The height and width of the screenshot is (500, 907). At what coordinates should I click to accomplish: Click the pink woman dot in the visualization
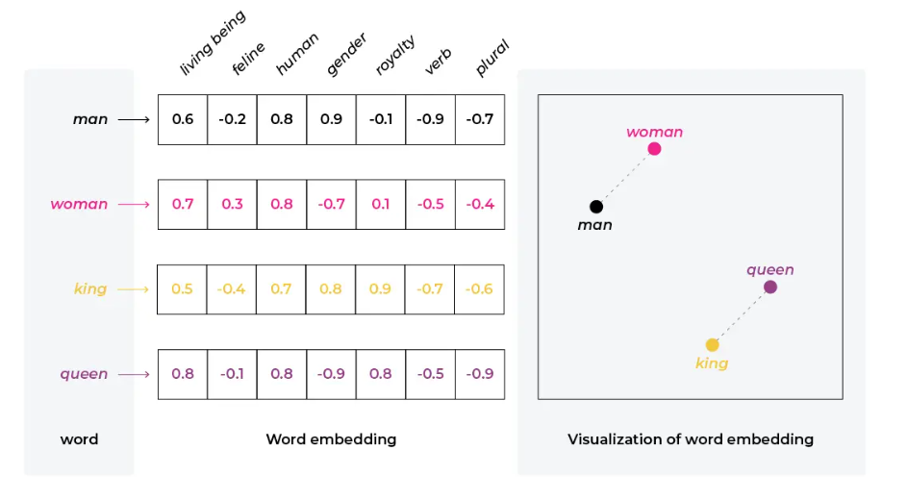coord(654,149)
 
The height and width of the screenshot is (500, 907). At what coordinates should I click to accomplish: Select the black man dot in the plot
coord(596,207)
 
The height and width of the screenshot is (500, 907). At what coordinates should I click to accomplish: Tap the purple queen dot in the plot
coord(769,287)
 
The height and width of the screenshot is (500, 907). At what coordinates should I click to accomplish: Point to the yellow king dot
coord(712,344)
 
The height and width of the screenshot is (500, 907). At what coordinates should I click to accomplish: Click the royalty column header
coord(395,55)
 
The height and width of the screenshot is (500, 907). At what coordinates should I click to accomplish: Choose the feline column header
coord(248,61)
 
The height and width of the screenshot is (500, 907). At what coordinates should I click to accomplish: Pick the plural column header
coord(492,59)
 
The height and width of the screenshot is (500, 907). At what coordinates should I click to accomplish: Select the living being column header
coord(213,43)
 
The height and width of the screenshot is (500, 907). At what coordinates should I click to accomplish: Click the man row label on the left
coord(90,120)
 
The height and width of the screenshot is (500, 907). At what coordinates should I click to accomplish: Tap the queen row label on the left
coord(85,374)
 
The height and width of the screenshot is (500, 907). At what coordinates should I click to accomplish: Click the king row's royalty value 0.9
coord(381,289)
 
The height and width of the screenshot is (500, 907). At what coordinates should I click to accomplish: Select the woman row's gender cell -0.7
coord(331,205)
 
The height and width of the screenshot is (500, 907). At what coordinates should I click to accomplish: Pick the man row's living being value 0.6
coord(183,120)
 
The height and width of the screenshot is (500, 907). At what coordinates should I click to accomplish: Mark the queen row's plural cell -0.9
coord(479,374)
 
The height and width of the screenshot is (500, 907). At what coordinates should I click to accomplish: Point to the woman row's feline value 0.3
coord(233,205)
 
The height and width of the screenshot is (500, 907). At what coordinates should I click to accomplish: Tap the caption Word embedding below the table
coord(331,439)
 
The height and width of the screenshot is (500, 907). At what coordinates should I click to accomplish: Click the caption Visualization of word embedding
coord(690,439)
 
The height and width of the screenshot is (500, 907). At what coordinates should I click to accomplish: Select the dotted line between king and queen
coord(741,315)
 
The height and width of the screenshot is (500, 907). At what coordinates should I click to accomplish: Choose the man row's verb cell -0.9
coord(430,120)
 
